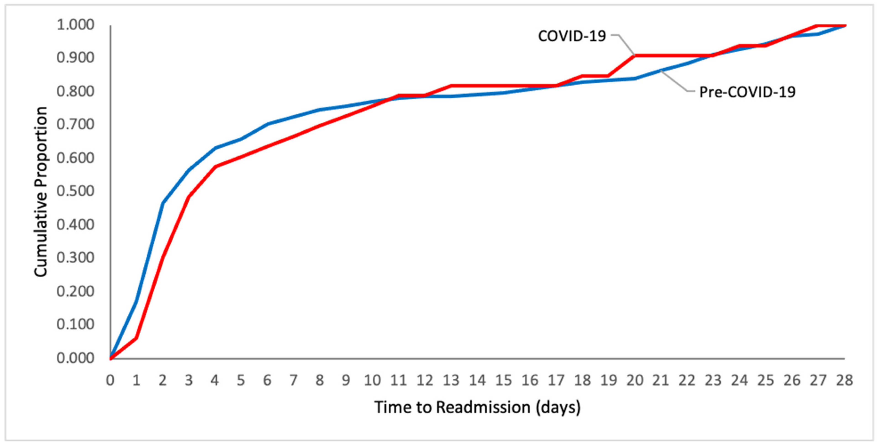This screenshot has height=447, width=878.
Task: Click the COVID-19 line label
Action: [572, 36]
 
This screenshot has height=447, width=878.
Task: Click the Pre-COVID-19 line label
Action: [747, 92]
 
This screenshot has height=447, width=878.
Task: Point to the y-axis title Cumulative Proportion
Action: [41, 192]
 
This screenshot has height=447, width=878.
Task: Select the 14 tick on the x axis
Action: [477, 380]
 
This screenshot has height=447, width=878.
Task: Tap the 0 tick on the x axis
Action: [110, 380]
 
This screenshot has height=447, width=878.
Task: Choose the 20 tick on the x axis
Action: [635, 380]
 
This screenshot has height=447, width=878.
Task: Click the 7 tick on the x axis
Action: [293, 380]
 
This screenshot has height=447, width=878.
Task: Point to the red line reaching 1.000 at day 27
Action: [818, 25]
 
